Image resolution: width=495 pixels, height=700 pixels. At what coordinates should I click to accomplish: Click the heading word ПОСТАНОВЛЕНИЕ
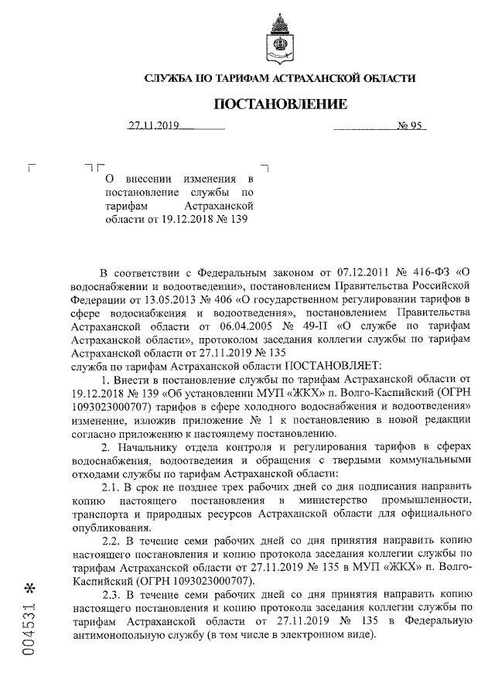[280, 104]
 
